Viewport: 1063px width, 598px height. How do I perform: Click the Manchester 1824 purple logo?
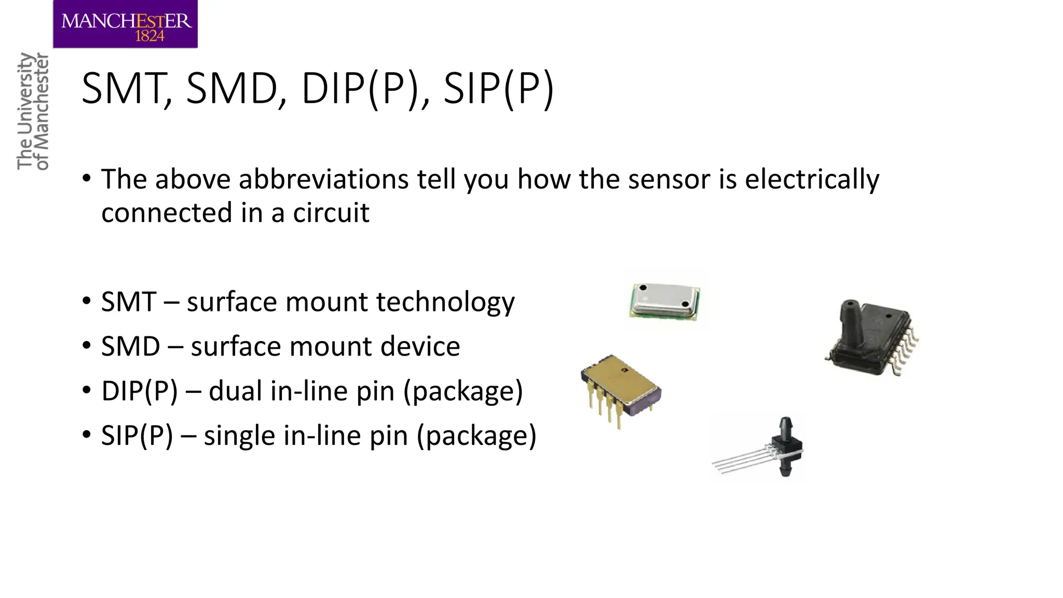(x=125, y=24)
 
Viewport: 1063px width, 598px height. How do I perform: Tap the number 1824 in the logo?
(x=149, y=36)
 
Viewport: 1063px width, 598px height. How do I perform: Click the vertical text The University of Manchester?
(x=33, y=111)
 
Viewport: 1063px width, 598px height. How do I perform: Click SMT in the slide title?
(x=125, y=89)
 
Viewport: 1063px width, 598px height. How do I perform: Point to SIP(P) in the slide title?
(x=498, y=89)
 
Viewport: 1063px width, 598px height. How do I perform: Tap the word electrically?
(x=812, y=180)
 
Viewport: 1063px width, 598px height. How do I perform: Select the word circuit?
(x=331, y=213)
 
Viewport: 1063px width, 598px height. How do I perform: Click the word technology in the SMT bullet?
(x=445, y=302)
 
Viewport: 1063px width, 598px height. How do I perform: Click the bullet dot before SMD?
(x=87, y=346)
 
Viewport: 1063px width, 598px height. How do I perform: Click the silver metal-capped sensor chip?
(x=665, y=300)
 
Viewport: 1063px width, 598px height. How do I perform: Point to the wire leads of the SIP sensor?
(x=739, y=460)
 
